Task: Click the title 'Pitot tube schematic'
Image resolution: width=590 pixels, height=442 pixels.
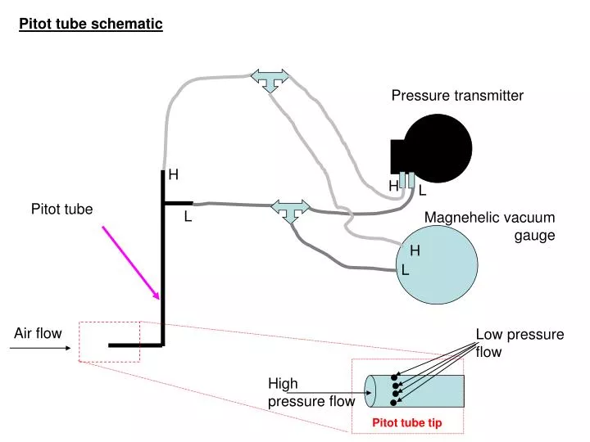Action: (91, 24)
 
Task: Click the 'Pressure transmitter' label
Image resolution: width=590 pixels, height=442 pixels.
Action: (456, 96)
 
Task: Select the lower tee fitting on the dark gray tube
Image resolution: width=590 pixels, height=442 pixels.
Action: (291, 210)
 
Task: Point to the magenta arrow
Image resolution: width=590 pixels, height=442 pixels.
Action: (130, 262)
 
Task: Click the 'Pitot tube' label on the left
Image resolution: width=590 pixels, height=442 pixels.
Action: (61, 210)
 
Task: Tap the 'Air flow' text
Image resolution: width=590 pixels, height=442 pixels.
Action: (38, 333)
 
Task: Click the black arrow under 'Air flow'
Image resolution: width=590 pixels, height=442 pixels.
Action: (41, 348)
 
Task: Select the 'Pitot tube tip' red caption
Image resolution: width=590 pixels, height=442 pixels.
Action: (407, 423)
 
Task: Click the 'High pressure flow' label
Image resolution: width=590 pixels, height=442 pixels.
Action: (311, 393)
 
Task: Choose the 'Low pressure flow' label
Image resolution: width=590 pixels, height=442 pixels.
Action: (520, 343)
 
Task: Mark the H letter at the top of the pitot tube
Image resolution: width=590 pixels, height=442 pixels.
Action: (174, 174)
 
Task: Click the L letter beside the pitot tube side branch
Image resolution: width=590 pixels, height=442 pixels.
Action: (187, 217)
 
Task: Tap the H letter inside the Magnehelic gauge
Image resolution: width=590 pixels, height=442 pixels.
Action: (415, 250)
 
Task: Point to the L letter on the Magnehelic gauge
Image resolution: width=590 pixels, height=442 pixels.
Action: (405, 269)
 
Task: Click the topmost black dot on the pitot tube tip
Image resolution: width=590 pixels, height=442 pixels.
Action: (395, 377)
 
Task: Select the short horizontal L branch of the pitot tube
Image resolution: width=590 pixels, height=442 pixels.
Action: (179, 201)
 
